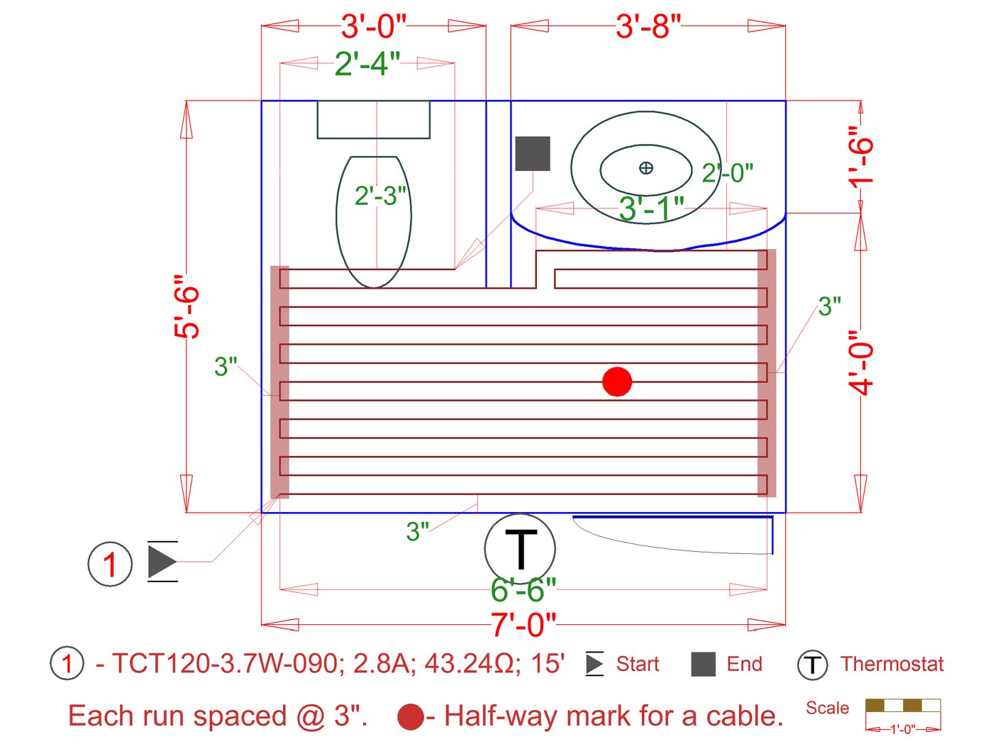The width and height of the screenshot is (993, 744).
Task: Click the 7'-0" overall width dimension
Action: [523, 625]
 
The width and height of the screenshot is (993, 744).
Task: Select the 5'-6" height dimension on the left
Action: [187, 306]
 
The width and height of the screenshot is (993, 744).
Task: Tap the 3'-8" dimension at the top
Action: [648, 26]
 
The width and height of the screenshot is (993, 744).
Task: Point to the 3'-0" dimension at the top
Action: [373, 26]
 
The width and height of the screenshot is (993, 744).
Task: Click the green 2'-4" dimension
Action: [367, 64]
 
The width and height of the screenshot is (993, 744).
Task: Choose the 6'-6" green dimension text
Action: [523, 589]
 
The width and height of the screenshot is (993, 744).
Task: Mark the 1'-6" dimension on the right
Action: [860, 156]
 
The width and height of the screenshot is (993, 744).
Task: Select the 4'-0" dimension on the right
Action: [860, 362]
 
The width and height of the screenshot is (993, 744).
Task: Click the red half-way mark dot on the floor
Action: [617, 382]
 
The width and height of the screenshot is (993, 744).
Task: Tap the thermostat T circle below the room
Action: [520, 549]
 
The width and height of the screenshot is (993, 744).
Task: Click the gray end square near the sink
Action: [533, 153]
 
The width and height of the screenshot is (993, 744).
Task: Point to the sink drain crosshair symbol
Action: [646, 168]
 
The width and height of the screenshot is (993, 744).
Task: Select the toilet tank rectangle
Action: [373, 119]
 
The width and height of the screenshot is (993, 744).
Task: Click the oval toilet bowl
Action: [374, 221]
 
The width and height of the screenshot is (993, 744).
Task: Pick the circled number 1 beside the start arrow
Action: [110, 564]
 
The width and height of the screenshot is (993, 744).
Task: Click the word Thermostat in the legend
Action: [892, 664]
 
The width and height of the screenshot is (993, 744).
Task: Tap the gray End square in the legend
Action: [703, 665]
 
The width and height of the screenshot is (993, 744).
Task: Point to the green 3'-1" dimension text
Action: [651, 209]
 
